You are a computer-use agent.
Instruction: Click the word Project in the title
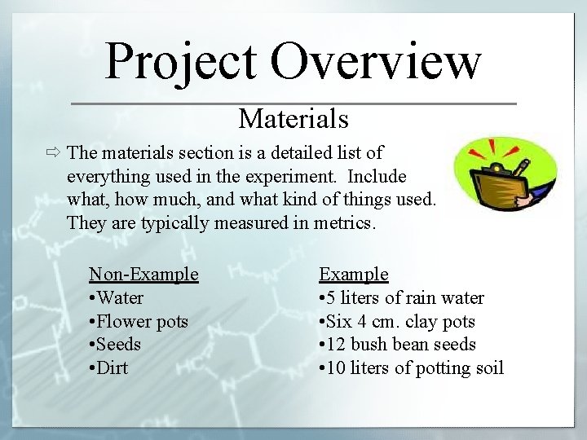click(x=181, y=62)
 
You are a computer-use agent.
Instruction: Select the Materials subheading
click(x=293, y=120)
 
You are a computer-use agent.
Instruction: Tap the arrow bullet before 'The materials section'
click(x=55, y=153)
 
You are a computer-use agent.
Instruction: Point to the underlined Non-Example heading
click(x=143, y=275)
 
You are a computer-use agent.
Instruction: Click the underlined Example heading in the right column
click(x=353, y=275)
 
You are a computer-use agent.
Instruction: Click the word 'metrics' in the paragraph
click(x=346, y=223)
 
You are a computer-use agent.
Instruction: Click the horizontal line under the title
click(x=293, y=103)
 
